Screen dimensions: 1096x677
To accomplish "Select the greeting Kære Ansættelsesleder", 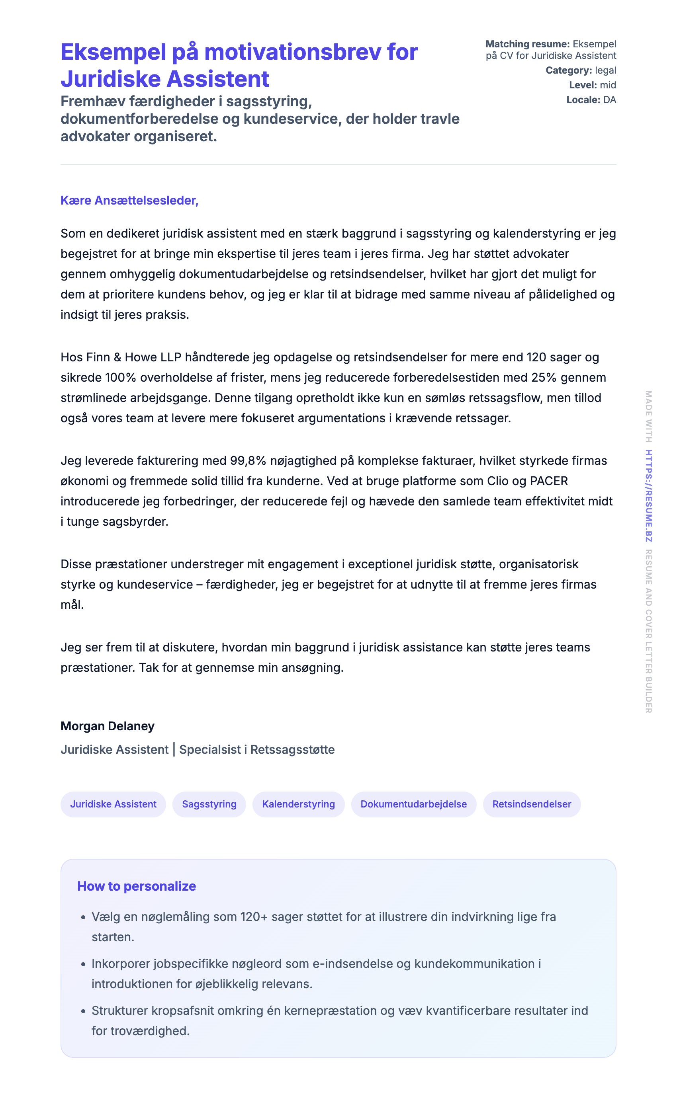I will (129, 201).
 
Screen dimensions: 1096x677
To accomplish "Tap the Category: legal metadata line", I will (581, 70).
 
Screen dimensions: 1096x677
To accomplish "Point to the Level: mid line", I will (593, 85).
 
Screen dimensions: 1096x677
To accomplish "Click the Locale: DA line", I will (591, 100).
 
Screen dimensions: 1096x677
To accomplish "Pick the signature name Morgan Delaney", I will (108, 725).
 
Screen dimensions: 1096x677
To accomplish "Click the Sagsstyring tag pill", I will (209, 804).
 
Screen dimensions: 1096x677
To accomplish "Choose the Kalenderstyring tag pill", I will (298, 804).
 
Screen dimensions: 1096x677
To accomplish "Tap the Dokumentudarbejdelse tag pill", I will (413, 804).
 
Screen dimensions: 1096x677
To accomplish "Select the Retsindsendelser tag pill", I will (532, 804).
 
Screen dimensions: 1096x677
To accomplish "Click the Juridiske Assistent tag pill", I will (113, 804).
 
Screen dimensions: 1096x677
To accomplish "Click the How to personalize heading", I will (137, 886).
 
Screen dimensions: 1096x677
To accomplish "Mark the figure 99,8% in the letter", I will (248, 460).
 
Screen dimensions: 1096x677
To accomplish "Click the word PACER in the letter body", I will (548, 481).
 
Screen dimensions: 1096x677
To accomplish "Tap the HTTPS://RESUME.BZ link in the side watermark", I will (648, 495).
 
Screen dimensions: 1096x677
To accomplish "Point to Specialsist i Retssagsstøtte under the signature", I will (256, 749).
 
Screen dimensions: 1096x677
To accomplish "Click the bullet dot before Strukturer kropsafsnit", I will (83, 1011).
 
